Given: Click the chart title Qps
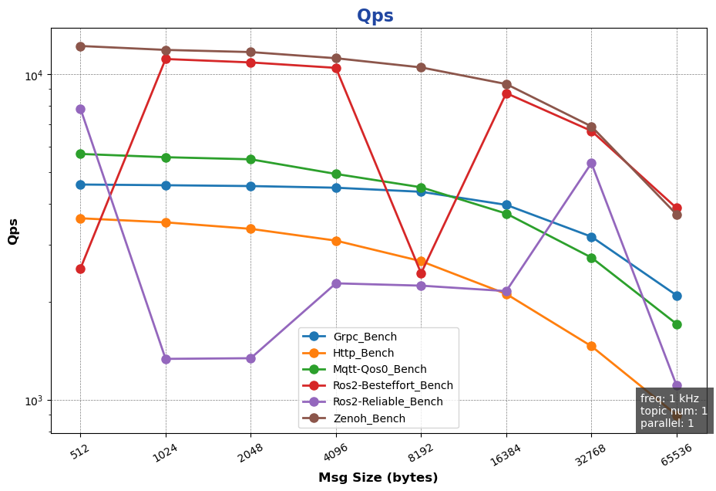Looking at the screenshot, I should click(x=375, y=15).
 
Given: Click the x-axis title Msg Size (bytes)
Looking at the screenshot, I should click(x=378, y=478).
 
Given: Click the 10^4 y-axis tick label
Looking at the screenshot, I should click(x=34, y=75).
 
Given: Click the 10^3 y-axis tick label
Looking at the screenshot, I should click(x=34, y=400).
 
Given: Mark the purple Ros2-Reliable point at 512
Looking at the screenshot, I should click(x=80, y=110).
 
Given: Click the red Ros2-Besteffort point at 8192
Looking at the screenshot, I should click(x=421, y=273).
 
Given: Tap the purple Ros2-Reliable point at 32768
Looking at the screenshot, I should click(x=591, y=164).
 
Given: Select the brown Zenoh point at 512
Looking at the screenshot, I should click(x=80, y=46).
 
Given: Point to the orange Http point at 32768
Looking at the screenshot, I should click(x=591, y=346).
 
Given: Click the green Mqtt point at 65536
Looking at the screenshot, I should click(x=677, y=324).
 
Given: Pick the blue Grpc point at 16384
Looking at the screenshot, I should click(x=506, y=205).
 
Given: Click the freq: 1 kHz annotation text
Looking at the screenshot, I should click(x=670, y=398).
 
